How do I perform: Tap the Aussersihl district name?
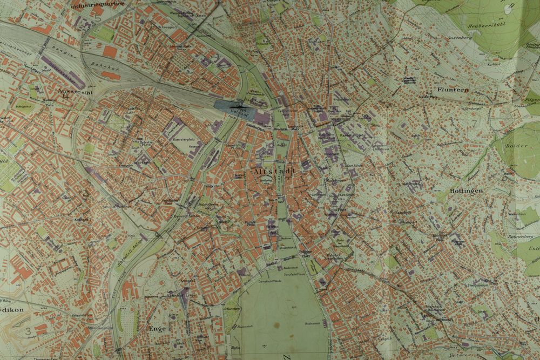(x=71, y=92)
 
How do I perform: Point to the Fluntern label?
(x=453, y=90)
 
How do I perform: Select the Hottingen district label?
(x=464, y=191)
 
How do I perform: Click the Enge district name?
(x=157, y=328)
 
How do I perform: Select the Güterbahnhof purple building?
(x=62, y=70)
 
